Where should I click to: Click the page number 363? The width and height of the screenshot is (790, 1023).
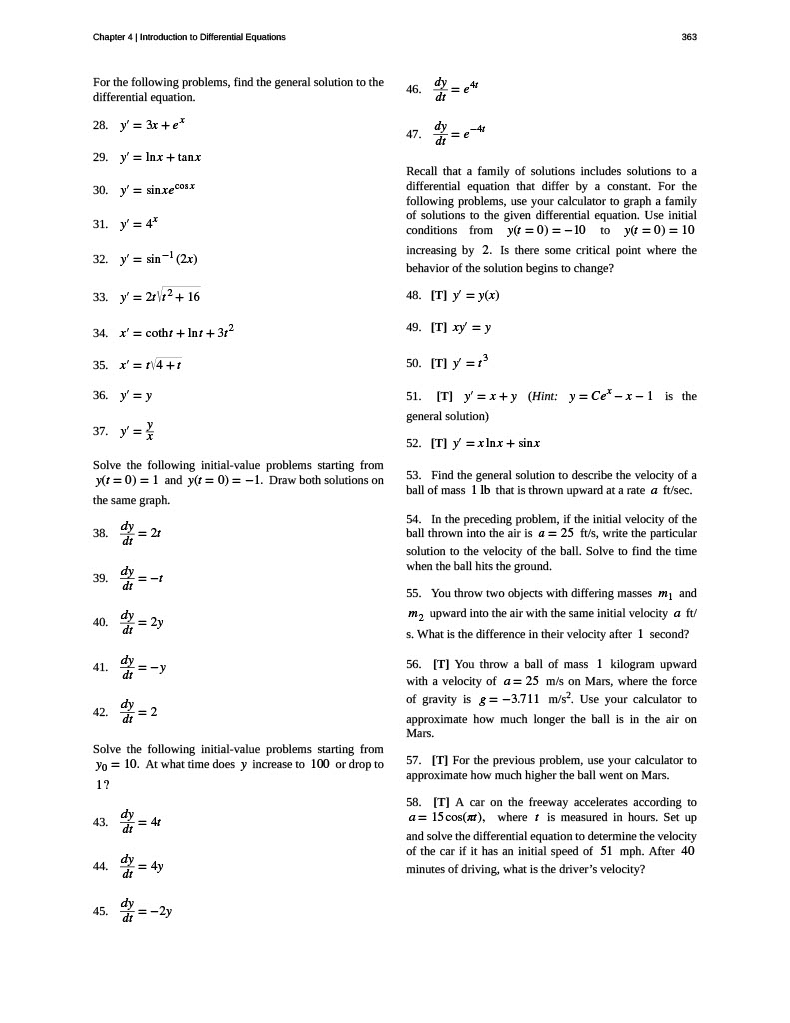(688, 37)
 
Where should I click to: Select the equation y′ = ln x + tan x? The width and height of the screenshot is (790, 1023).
(160, 157)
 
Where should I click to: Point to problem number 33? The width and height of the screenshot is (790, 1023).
(99, 297)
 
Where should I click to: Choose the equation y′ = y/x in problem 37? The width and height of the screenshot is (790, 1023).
(139, 433)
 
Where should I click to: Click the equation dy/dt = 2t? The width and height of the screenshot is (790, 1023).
(140, 533)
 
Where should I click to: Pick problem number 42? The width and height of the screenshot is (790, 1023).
(99, 712)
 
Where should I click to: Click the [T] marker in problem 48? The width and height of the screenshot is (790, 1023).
(439, 296)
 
